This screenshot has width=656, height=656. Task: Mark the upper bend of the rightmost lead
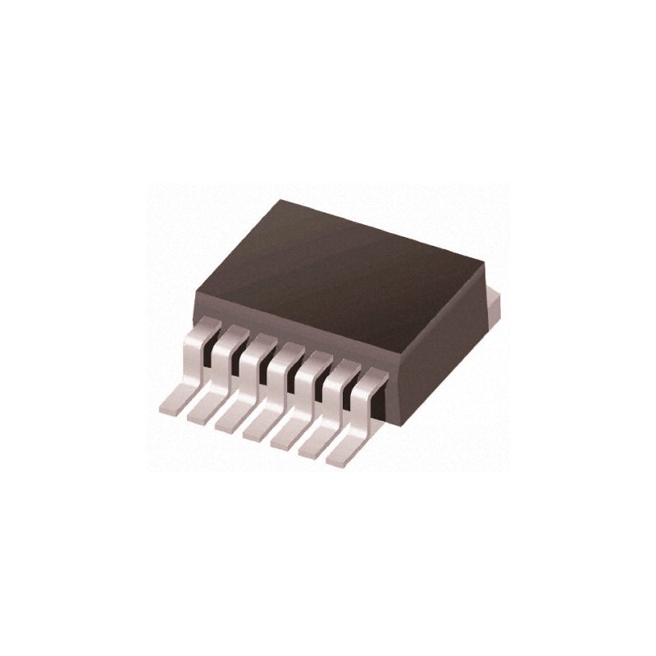(x=374, y=377)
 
